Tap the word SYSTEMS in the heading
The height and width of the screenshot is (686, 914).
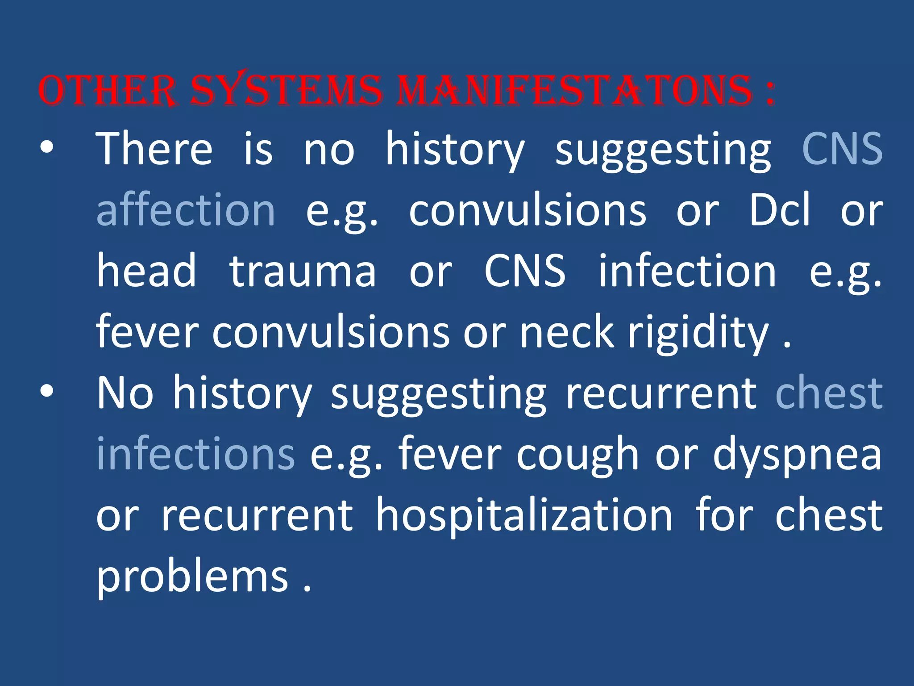(286, 91)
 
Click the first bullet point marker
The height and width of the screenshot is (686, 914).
(46, 147)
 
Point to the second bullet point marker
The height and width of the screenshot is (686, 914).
(46, 392)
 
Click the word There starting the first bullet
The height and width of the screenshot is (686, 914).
(154, 149)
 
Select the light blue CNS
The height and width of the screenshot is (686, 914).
(842, 149)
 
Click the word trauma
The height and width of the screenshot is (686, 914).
(303, 271)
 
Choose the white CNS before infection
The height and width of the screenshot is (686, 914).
(525, 271)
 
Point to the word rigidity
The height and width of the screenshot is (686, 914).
(698, 333)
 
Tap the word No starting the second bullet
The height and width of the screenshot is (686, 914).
(125, 393)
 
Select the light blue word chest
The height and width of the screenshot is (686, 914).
(829, 393)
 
